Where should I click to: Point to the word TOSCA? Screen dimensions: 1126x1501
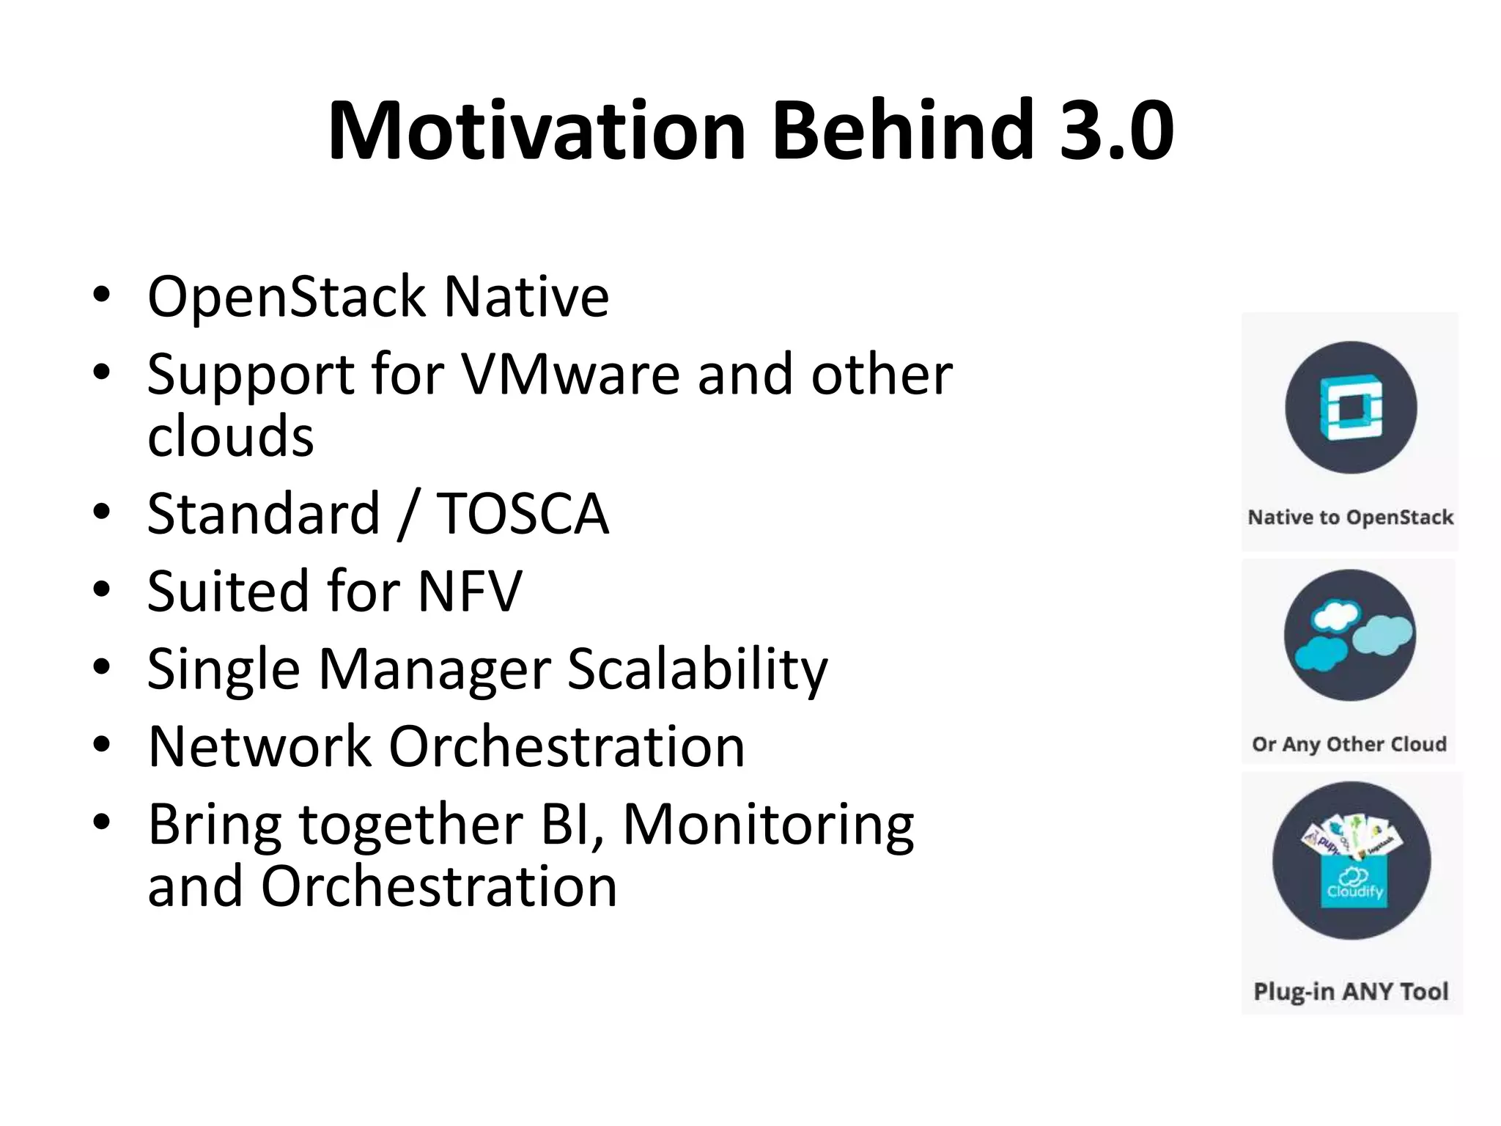(x=523, y=514)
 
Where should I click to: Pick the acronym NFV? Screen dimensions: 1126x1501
(x=470, y=591)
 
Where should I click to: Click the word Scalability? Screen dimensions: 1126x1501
(x=697, y=669)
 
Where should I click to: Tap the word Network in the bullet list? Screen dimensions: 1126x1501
(x=259, y=746)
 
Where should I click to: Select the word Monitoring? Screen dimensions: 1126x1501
(x=767, y=825)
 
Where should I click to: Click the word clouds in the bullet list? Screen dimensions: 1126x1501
(x=230, y=436)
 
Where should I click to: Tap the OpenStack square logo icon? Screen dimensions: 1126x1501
(x=1351, y=408)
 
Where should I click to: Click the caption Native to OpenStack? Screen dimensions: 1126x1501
(x=1350, y=518)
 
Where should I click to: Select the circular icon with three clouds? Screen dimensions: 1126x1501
(x=1350, y=635)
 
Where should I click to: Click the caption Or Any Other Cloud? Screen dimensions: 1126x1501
(x=1349, y=744)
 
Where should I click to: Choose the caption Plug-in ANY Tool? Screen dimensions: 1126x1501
(x=1351, y=991)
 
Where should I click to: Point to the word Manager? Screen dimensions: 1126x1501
(x=434, y=669)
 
